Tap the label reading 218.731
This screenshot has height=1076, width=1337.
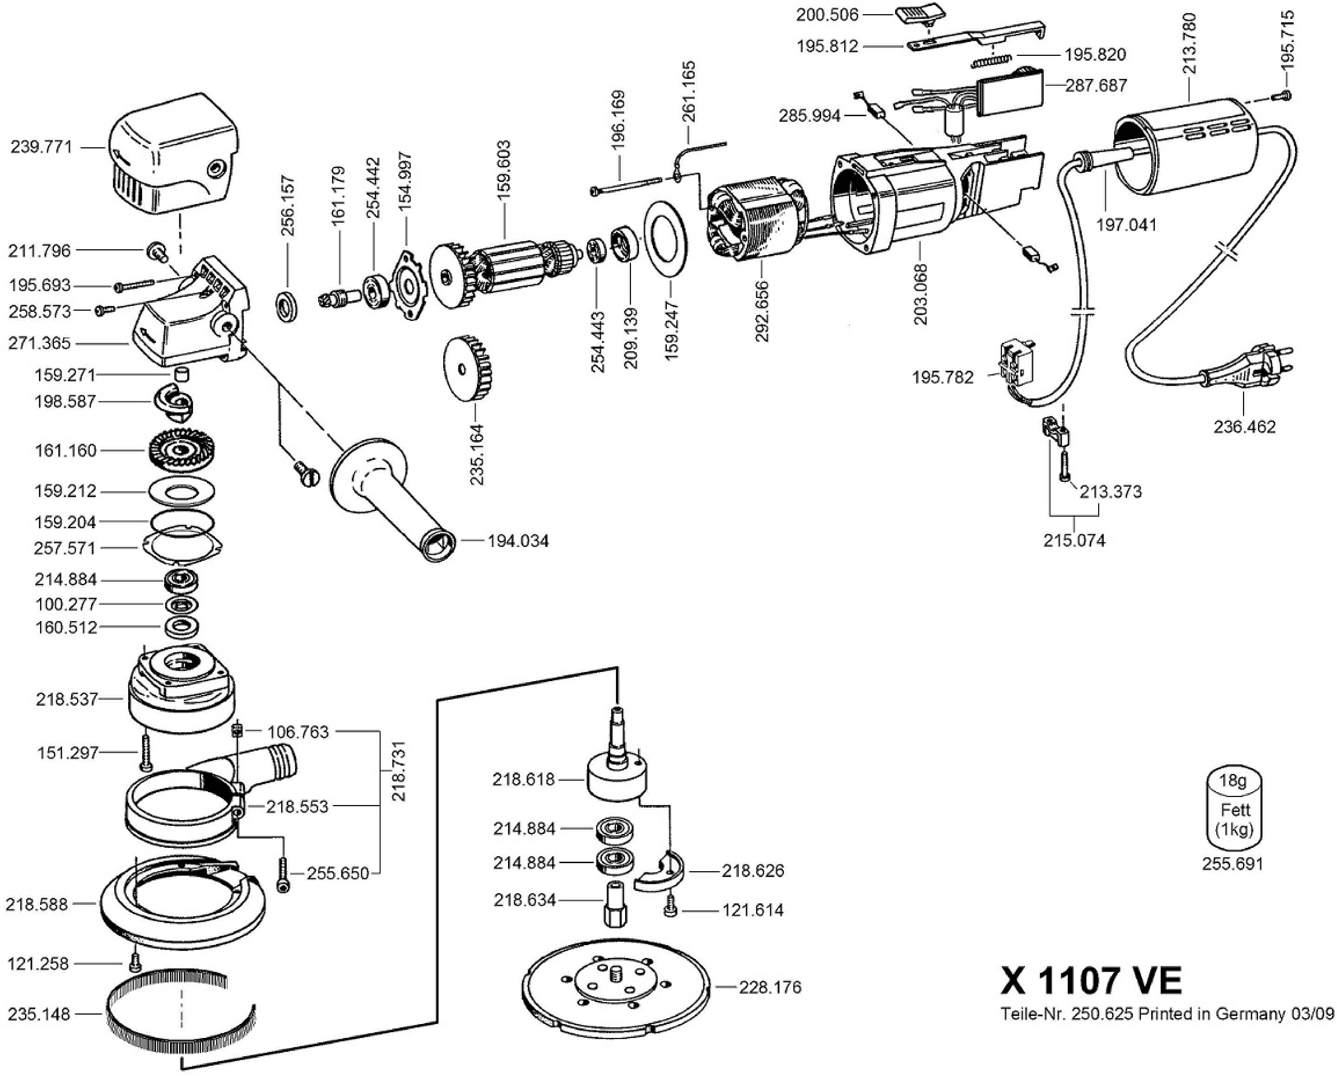pos(399,770)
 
